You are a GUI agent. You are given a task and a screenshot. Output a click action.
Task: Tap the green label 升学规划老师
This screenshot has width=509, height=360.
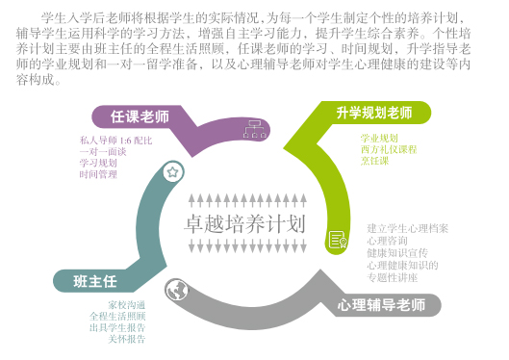tap(374, 113)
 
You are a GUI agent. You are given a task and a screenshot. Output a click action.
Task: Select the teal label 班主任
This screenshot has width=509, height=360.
tap(95, 281)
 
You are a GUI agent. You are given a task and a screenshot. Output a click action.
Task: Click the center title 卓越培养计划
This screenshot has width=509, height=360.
tap(243, 224)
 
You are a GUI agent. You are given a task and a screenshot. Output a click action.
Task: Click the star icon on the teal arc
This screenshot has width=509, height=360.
tap(172, 172)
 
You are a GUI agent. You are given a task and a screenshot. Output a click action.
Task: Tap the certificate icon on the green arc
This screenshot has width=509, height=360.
tap(337, 240)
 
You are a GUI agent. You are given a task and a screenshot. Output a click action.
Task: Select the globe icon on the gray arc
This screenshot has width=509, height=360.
tap(175, 287)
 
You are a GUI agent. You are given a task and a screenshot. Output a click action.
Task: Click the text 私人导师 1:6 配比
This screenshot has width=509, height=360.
tap(115, 140)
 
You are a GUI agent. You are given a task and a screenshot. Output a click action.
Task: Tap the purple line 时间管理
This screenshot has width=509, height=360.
tap(97, 175)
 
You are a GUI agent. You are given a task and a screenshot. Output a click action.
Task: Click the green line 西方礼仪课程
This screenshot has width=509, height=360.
tap(387, 150)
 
